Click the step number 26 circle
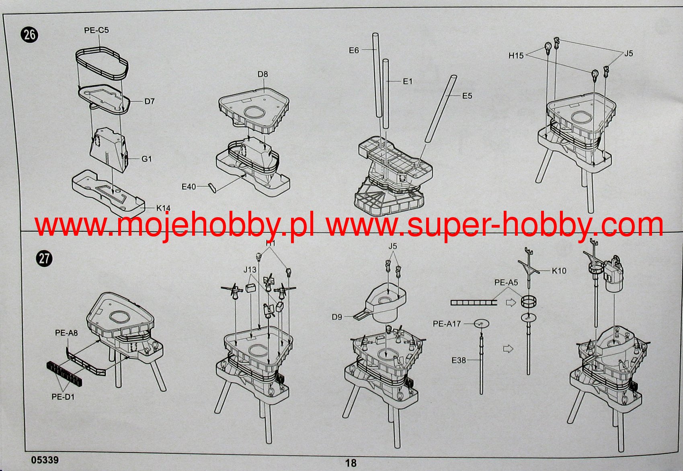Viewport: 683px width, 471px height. pyautogui.click(x=30, y=34)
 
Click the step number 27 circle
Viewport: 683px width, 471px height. pyautogui.click(x=44, y=258)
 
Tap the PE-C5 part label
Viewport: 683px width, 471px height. pyautogui.click(x=96, y=30)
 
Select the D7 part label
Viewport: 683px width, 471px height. pyautogui.click(x=150, y=101)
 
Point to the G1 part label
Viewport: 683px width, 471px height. pyautogui.click(x=147, y=159)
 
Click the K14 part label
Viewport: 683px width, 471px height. pyautogui.click(x=164, y=208)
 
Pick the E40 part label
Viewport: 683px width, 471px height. pyautogui.click(x=189, y=187)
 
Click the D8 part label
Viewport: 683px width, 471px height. pyautogui.click(x=263, y=74)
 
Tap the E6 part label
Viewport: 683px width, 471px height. pyautogui.click(x=354, y=50)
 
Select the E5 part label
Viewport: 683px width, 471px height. pyautogui.click(x=467, y=96)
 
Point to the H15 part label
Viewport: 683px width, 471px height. pyautogui.click(x=516, y=56)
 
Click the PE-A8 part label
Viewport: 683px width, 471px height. pyautogui.click(x=66, y=333)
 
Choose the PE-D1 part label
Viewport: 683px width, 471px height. pyautogui.click(x=63, y=397)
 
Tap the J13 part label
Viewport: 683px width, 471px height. pyautogui.click(x=250, y=269)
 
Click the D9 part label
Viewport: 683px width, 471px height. pyautogui.click(x=337, y=317)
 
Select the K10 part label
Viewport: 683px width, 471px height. pyautogui.click(x=559, y=271)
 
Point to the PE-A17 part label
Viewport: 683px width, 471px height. pyautogui.click(x=447, y=323)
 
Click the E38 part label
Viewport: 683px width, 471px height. pyautogui.click(x=459, y=360)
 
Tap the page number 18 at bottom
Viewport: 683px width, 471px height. pyautogui.click(x=351, y=463)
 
